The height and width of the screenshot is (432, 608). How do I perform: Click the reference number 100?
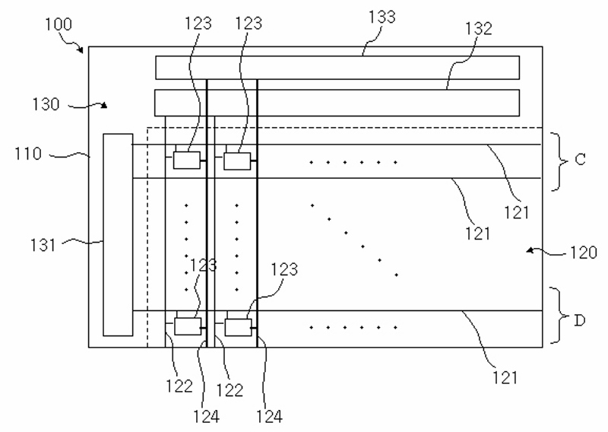(x=59, y=24)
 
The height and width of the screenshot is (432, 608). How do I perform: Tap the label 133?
(x=382, y=17)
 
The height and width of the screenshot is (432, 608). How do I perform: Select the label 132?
(x=479, y=28)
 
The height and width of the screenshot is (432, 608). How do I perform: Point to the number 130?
(x=46, y=104)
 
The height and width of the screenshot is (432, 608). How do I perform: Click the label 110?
(x=28, y=154)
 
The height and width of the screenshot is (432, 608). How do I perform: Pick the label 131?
(x=43, y=245)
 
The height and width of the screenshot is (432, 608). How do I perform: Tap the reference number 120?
(x=583, y=253)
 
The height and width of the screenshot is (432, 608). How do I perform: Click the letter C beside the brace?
(x=580, y=160)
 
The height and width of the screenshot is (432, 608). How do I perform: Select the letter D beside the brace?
(x=579, y=321)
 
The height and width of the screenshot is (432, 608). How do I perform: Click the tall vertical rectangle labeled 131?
(x=118, y=235)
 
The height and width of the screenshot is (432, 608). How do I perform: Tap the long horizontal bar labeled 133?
(x=337, y=68)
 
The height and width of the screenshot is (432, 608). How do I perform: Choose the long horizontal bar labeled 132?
(x=337, y=103)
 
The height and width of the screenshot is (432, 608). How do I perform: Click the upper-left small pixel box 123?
(x=186, y=160)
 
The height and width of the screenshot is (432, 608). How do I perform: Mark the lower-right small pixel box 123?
(x=238, y=327)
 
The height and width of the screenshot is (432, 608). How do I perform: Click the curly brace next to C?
(x=559, y=161)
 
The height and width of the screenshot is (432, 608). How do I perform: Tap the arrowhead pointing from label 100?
(x=81, y=49)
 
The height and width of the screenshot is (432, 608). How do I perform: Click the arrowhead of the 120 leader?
(x=530, y=251)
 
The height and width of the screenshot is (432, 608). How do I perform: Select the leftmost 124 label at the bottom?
(x=206, y=417)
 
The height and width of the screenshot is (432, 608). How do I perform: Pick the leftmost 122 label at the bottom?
(x=179, y=386)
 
